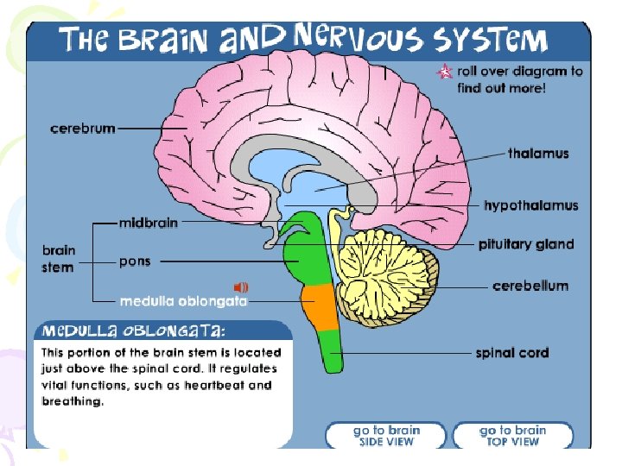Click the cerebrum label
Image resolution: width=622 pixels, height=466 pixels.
pyautogui.click(x=83, y=129)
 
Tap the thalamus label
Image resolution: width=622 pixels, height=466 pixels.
pyautogui.click(x=538, y=154)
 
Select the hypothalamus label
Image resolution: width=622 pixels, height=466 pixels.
pyautogui.click(x=530, y=205)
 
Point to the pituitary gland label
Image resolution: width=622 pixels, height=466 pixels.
pyautogui.click(x=526, y=244)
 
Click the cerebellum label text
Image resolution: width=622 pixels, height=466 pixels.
pyautogui.click(x=530, y=286)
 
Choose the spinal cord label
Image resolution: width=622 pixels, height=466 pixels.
pyautogui.click(x=511, y=352)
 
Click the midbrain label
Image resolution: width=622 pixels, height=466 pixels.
pyautogui.click(x=149, y=223)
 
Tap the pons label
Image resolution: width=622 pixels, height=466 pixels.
pyautogui.click(x=136, y=261)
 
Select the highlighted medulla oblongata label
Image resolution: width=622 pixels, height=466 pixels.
pyautogui.click(x=183, y=301)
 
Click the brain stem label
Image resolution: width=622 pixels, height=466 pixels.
pyautogui.click(x=59, y=259)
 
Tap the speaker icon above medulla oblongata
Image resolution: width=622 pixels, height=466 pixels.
pyautogui.click(x=241, y=287)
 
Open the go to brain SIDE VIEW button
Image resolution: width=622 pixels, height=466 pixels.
pyautogui.click(x=385, y=435)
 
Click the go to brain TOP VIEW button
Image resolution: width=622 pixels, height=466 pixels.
pyautogui.click(x=512, y=435)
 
